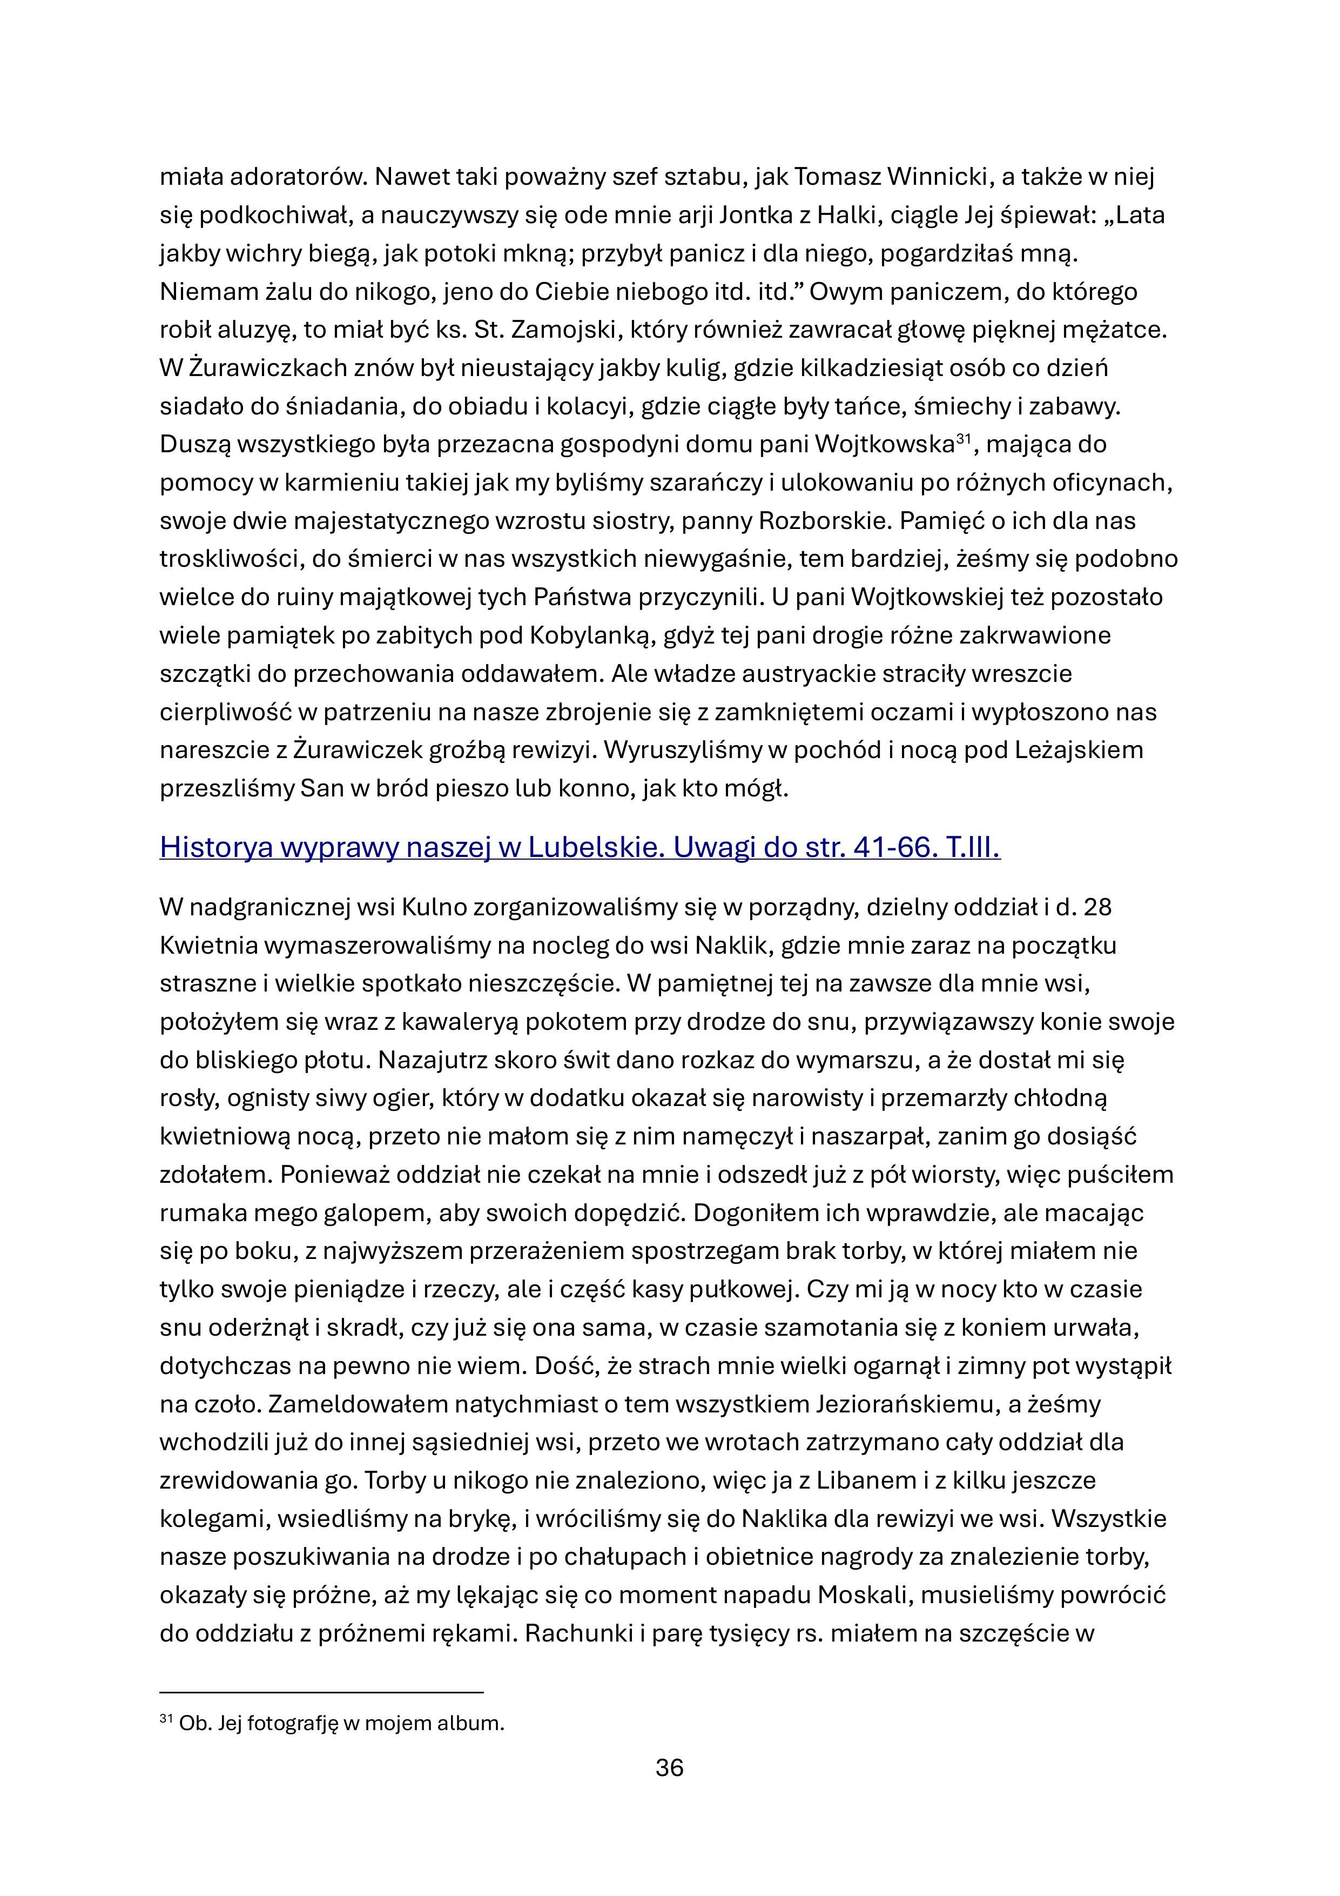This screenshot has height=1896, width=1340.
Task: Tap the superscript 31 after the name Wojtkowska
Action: coord(962,439)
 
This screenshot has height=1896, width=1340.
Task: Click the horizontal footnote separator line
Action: coord(321,1692)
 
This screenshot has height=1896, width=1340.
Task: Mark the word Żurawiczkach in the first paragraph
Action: coord(265,369)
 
